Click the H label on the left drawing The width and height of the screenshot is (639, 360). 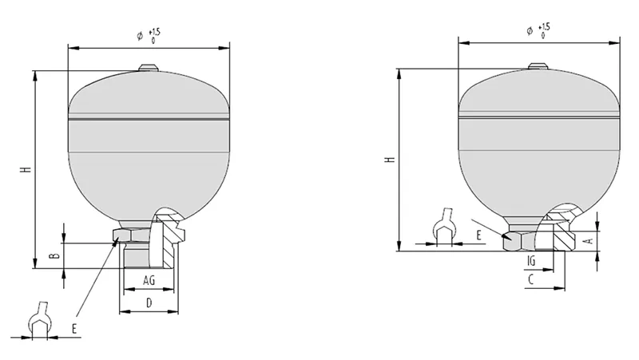pyautogui.click(x=26, y=168)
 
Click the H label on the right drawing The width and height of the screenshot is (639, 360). pyautogui.click(x=391, y=159)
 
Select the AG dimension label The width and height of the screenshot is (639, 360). pyautogui.click(x=149, y=280)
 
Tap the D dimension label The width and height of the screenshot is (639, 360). pyautogui.click(x=149, y=303)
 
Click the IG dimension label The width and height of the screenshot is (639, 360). pyautogui.click(x=531, y=261)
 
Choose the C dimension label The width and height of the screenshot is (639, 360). pyautogui.click(x=530, y=279)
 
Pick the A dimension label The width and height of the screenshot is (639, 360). pyautogui.click(x=589, y=241)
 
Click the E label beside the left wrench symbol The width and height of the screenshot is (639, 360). pyautogui.click(x=74, y=329)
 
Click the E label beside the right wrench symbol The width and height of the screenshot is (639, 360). pyautogui.click(x=478, y=235)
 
